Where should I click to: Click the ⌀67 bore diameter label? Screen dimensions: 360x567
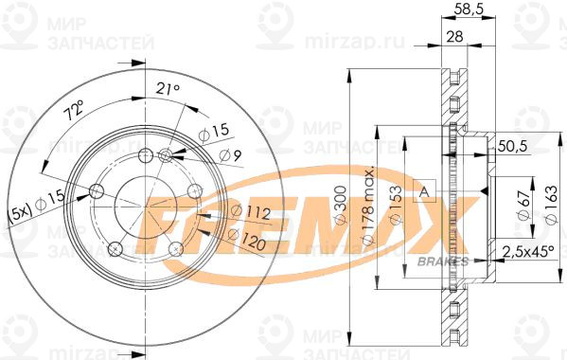coord(523,208)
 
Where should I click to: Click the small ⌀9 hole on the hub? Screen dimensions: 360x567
coord(166,155)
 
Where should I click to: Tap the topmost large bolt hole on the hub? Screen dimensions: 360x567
coord(144,156)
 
